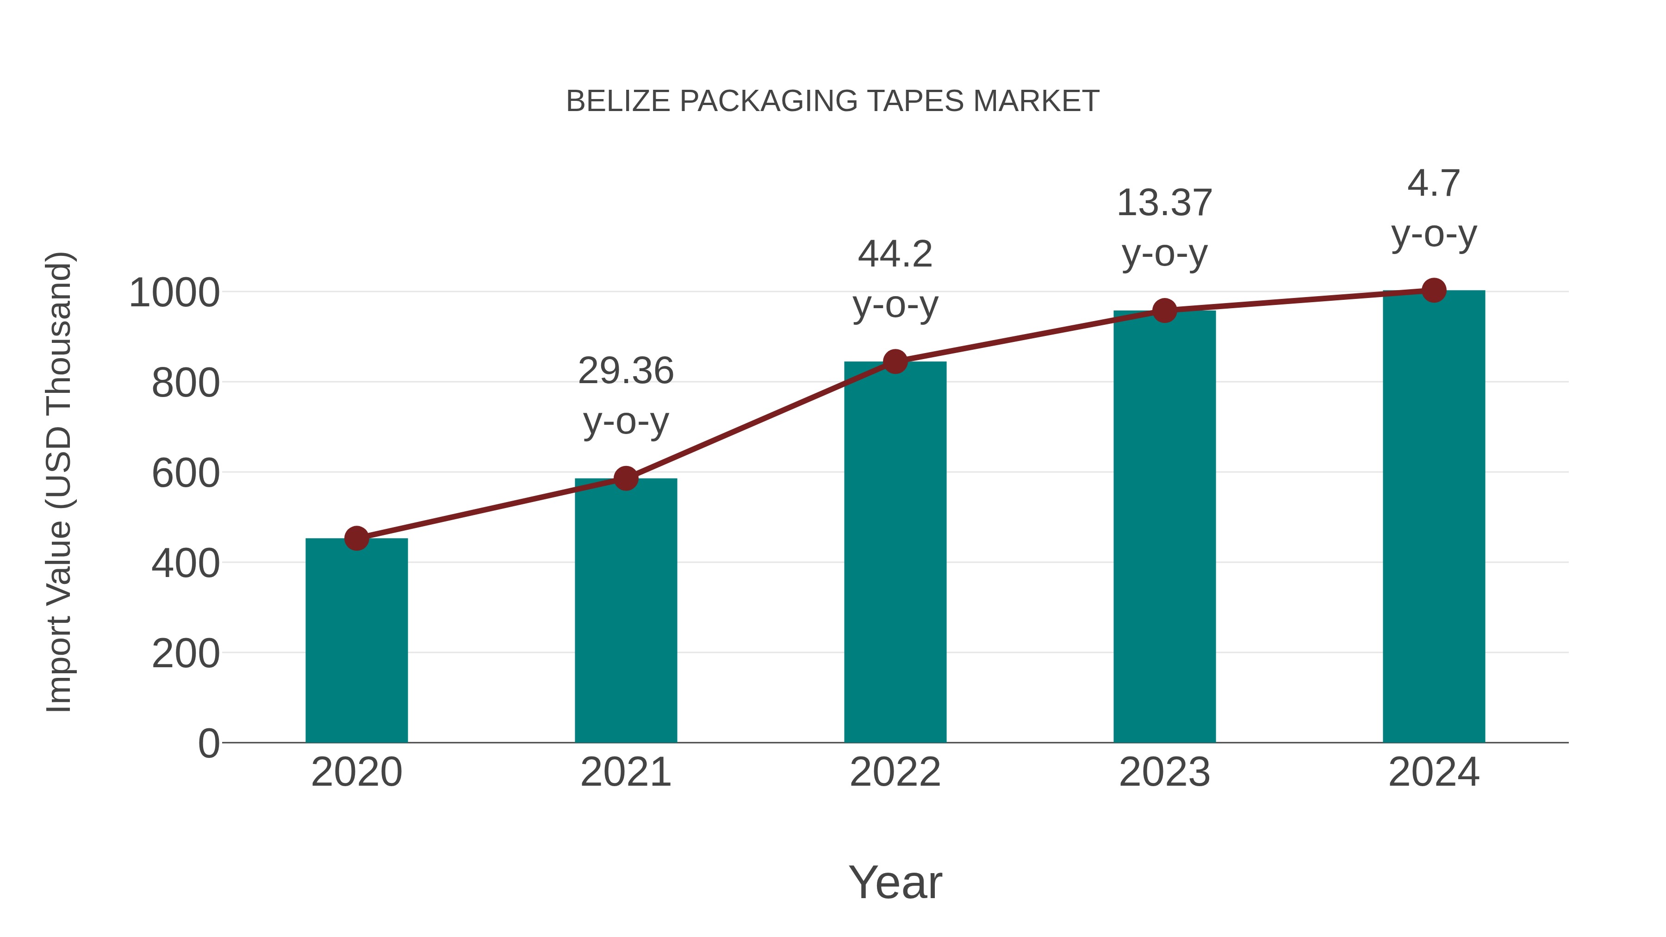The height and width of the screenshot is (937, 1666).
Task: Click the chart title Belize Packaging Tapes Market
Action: pos(833,101)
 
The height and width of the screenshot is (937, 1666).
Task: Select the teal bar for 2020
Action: pos(356,640)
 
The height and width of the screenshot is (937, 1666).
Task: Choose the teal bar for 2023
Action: pos(1164,527)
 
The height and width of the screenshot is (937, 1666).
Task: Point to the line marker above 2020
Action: pos(356,538)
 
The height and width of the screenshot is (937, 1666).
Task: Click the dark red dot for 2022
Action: pos(895,361)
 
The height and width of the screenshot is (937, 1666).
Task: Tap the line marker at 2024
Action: pos(1434,290)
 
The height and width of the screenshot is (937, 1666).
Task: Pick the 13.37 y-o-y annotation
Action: pos(1164,228)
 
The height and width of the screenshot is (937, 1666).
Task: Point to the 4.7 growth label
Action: pos(1434,208)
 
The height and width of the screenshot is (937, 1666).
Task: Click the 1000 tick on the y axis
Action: pos(174,293)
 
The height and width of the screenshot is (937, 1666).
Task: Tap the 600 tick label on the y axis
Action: pos(185,473)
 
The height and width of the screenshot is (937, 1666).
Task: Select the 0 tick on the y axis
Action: pos(208,744)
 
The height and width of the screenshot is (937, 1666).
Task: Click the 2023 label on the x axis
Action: pos(1164,772)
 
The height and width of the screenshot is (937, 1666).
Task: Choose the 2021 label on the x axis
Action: pos(625,772)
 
